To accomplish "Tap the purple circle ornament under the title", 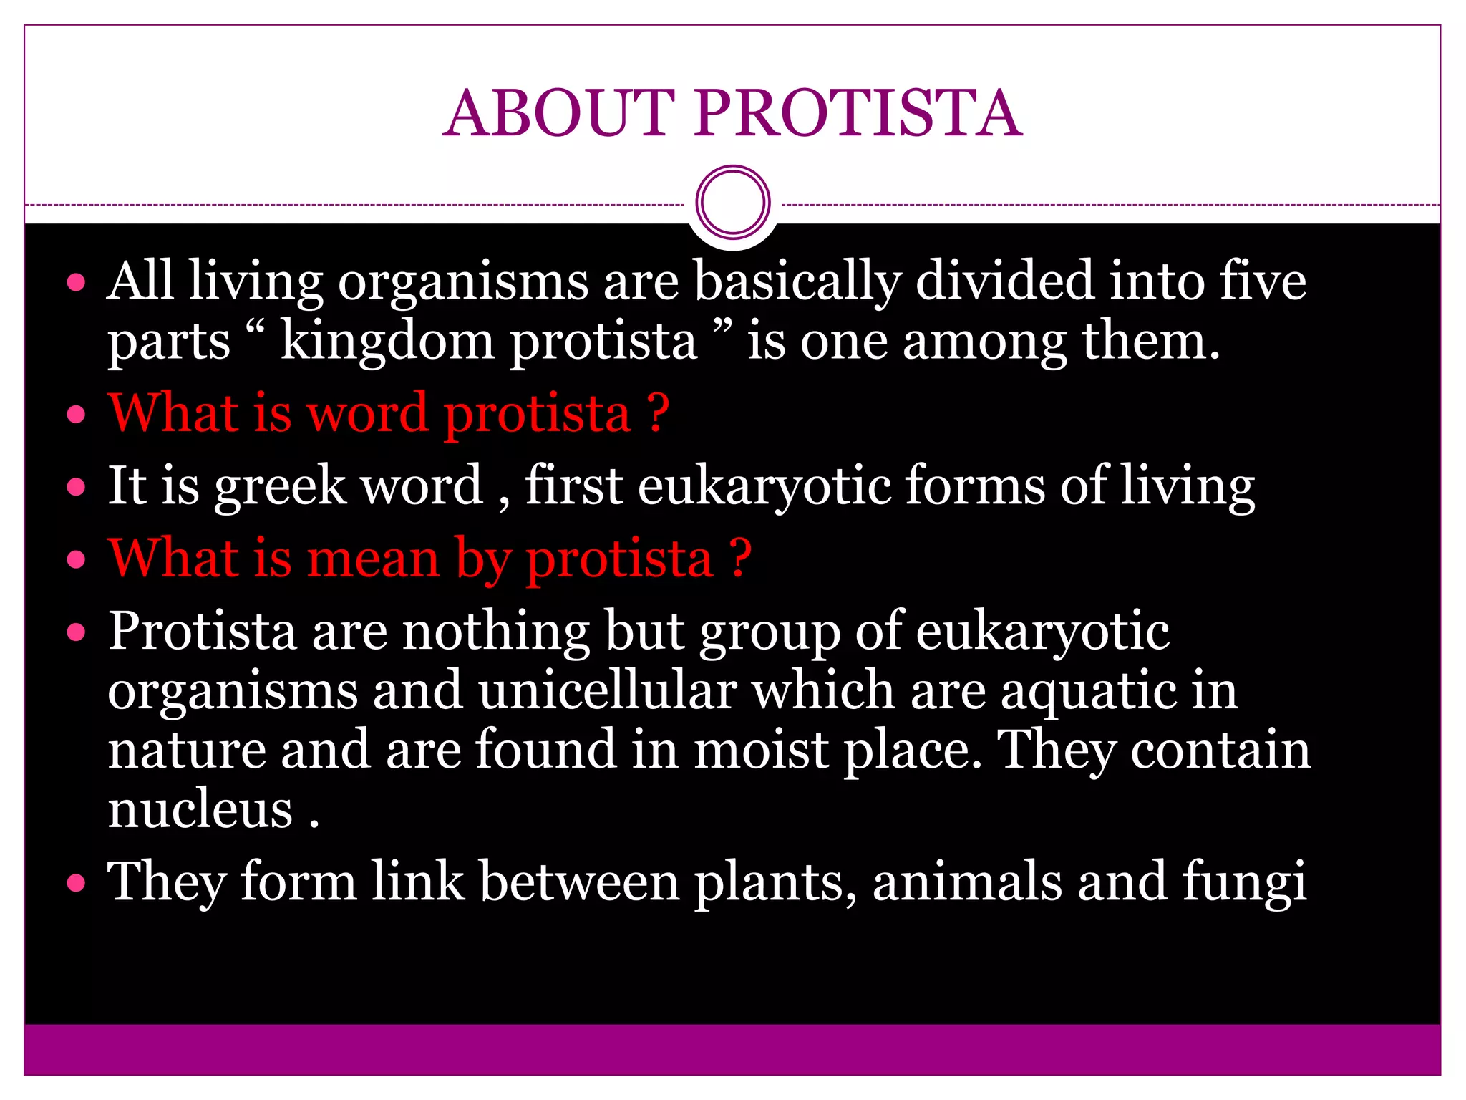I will click(x=732, y=202).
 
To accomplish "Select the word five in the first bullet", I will click(x=1263, y=281).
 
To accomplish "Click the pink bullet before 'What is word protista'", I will click(x=76, y=415).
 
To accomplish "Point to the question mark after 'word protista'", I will click(x=658, y=413).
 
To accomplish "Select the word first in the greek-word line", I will click(x=573, y=486).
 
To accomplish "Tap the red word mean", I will click(x=372, y=559).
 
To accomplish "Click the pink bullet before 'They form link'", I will click(x=76, y=883).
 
